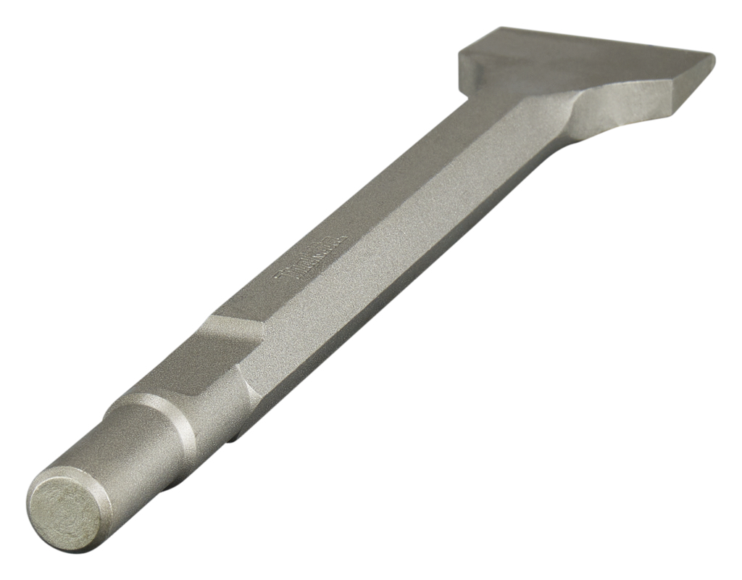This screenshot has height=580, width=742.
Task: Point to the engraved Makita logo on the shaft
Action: pyautogui.click(x=312, y=257)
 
